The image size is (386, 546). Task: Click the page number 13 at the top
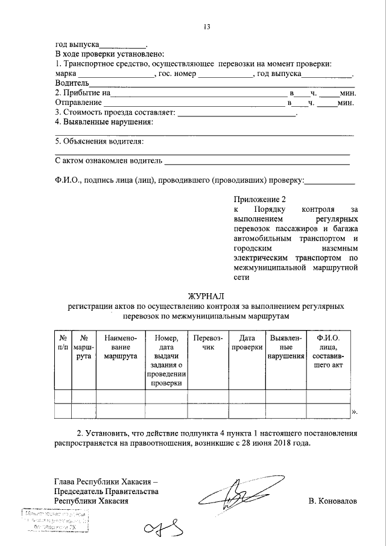(x=207, y=27)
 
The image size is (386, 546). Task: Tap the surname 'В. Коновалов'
(x=332, y=501)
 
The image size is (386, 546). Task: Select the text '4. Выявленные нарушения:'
(x=104, y=122)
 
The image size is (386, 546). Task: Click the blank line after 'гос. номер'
(x=225, y=73)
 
